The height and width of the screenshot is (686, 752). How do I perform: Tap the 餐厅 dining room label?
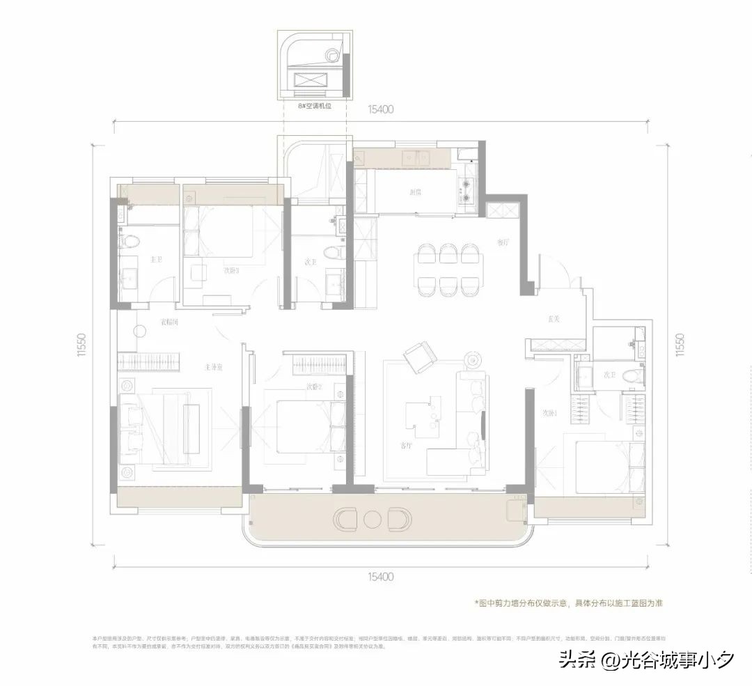[503, 243]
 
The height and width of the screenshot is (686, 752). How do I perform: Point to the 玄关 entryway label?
[554, 319]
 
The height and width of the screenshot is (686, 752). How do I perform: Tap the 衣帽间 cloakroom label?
[169, 322]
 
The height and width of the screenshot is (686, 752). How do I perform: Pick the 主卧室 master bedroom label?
[213, 366]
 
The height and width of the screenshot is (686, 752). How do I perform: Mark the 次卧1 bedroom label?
[550, 412]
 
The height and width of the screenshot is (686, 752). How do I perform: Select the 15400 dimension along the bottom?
[380, 577]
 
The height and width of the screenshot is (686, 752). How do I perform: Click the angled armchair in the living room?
[420, 358]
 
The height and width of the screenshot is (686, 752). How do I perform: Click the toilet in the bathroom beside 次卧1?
[632, 376]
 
